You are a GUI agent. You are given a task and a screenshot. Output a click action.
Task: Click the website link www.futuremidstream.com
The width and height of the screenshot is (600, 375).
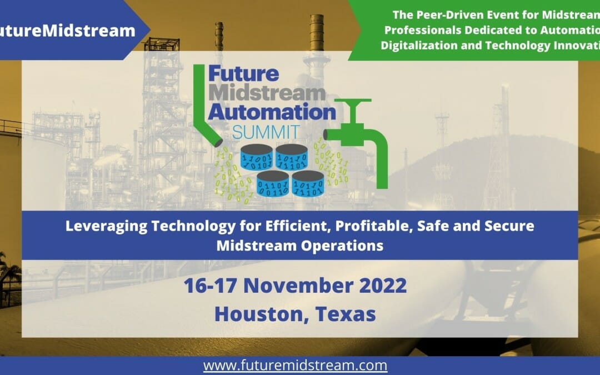295,366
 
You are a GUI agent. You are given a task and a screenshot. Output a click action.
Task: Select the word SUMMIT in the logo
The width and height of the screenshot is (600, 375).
266,132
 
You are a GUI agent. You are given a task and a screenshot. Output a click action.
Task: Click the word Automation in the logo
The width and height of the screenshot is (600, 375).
271,112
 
